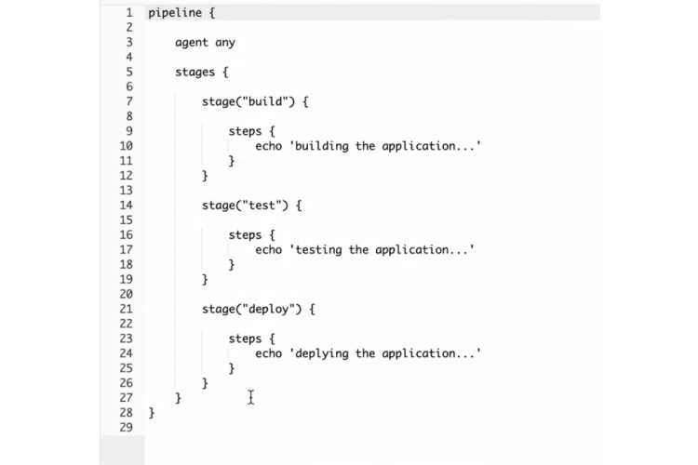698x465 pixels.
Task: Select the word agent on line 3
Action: (x=192, y=43)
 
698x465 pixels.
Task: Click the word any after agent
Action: (x=225, y=43)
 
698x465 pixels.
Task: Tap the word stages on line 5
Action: (x=195, y=72)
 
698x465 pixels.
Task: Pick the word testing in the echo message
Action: (x=319, y=249)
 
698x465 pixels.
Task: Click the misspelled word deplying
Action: (x=322, y=353)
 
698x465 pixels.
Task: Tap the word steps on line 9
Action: (x=246, y=131)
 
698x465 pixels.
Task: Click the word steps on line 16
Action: (x=246, y=235)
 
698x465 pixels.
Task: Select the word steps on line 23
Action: (x=246, y=339)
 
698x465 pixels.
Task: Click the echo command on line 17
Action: (x=269, y=249)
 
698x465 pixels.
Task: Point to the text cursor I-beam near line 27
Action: (x=251, y=397)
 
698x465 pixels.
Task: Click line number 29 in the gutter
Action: (x=127, y=427)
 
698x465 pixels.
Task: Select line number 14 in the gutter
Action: (x=127, y=205)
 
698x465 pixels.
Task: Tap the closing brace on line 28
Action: (x=152, y=412)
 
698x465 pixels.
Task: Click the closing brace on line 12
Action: (x=206, y=175)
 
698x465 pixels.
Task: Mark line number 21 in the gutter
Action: (x=127, y=309)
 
